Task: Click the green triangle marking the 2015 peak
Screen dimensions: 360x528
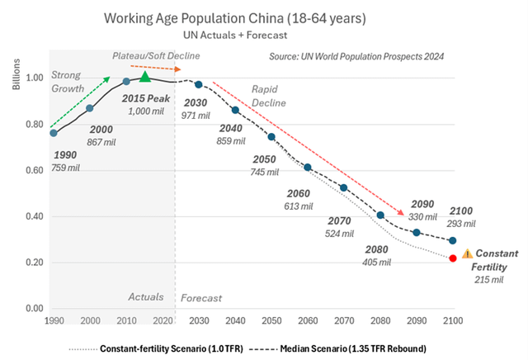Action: tap(145, 77)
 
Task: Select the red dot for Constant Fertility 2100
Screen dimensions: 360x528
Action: tap(453, 258)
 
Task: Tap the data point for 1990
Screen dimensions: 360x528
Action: tap(54, 133)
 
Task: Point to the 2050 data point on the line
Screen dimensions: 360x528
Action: tap(271, 136)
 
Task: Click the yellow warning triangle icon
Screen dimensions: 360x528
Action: tap(467, 254)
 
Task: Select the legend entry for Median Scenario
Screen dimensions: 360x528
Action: tap(357, 346)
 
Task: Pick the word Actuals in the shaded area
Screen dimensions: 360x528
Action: tap(148, 296)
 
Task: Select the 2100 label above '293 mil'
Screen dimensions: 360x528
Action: tap(463, 212)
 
